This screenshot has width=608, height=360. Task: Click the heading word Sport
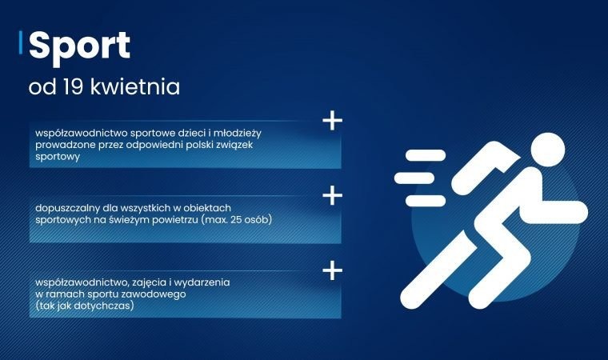(x=79, y=46)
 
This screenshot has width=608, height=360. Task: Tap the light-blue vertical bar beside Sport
(x=20, y=45)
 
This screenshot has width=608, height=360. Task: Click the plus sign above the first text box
(x=331, y=121)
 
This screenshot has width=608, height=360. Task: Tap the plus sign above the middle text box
(x=331, y=195)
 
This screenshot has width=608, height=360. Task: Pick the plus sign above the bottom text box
(x=331, y=270)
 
